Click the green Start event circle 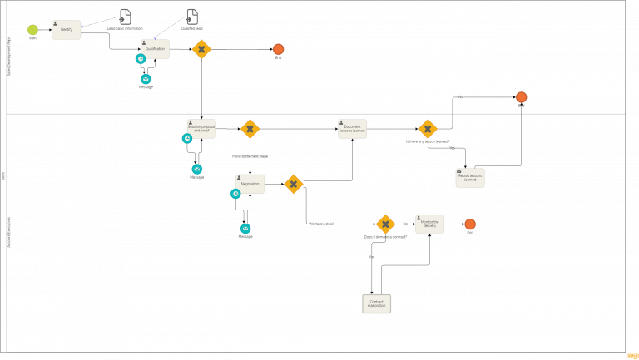point(32,29)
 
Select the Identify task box point(66,30)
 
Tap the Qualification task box point(155,49)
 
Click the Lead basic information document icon point(125,17)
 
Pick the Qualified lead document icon point(192,17)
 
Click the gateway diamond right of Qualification point(201,49)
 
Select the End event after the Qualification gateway point(279,49)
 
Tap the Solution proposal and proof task point(201,129)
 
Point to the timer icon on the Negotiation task point(236,194)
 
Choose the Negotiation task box point(250,184)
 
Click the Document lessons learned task point(352,129)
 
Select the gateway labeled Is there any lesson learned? point(427,129)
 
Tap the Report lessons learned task point(470,177)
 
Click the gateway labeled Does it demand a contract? point(384,224)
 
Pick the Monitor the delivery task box point(429,224)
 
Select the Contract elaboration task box point(377,303)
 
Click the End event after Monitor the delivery point(470,224)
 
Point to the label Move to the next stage point(250,155)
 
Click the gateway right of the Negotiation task point(294,184)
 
